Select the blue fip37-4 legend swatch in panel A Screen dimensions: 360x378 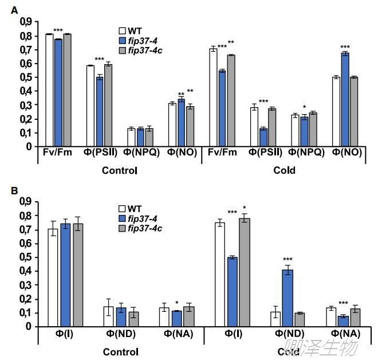(x=122, y=40)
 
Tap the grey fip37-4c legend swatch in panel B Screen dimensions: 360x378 (x=122, y=229)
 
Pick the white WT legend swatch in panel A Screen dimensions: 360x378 (x=122, y=30)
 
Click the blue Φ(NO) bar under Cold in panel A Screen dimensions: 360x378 (x=345, y=100)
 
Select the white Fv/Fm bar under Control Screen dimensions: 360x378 (x=49, y=90)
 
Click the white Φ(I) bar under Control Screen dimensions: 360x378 (x=53, y=277)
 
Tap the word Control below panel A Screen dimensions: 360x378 (x=119, y=170)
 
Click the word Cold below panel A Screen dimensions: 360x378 (x=284, y=170)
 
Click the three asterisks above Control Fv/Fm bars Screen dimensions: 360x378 (x=58, y=31)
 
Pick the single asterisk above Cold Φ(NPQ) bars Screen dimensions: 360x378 (x=304, y=107)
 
